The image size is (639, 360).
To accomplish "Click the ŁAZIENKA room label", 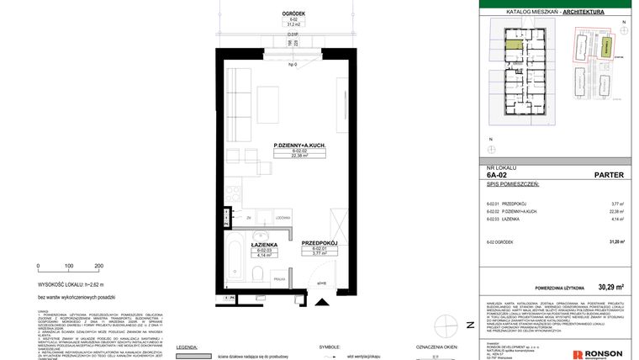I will point(265,244).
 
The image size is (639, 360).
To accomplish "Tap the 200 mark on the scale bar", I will point(98,266).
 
